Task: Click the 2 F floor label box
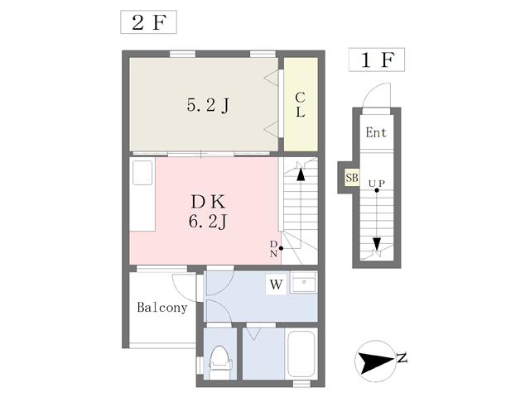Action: click(148, 22)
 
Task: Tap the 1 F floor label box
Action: click(377, 60)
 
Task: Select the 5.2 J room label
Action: click(208, 105)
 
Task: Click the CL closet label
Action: click(300, 105)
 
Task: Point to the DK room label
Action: click(208, 202)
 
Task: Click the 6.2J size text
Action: click(208, 222)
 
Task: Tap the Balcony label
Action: click(162, 308)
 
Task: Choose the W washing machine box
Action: click(276, 285)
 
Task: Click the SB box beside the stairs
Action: click(351, 178)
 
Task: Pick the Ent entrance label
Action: click(376, 132)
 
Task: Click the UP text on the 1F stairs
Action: click(376, 184)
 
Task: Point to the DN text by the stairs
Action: click(273, 249)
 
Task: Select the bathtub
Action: click(301, 354)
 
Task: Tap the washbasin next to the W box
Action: click(304, 282)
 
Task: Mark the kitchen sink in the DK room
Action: click(142, 173)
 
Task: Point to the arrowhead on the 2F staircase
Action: click(301, 175)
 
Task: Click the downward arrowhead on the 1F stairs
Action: click(377, 244)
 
